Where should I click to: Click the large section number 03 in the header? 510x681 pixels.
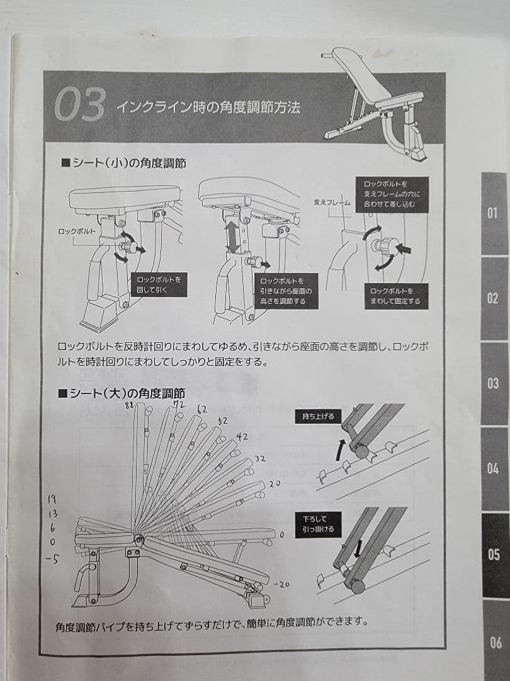point(79,105)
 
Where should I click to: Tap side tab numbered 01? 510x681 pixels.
point(494,213)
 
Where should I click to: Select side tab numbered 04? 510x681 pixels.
point(494,469)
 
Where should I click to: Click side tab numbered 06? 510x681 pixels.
point(496,643)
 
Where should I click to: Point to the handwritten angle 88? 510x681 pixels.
point(131,405)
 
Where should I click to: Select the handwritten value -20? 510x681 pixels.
point(281,584)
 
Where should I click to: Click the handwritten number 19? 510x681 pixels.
point(52,499)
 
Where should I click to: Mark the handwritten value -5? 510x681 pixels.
point(52,557)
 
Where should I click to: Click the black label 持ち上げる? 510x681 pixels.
point(318,416)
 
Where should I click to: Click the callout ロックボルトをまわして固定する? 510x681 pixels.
point(396,296)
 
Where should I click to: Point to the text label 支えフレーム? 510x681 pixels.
point(331,203)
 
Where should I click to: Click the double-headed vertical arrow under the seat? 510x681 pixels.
point(233,233)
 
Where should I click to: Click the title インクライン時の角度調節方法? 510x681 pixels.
point(207,107)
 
